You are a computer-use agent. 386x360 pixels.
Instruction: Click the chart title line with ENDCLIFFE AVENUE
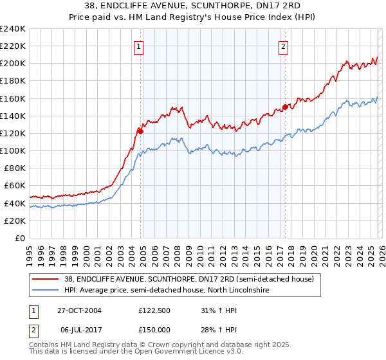[x=193, y=6]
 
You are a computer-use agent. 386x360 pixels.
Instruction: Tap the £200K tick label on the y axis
[x=12, y=64]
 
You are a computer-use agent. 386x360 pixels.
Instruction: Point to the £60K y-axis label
[x=14, y=186]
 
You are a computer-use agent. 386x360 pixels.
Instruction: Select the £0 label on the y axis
[x=19, y=238]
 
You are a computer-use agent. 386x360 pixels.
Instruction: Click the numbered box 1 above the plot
[x=139, y=46]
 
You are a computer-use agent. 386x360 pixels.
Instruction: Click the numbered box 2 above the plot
[x=284, y=46]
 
